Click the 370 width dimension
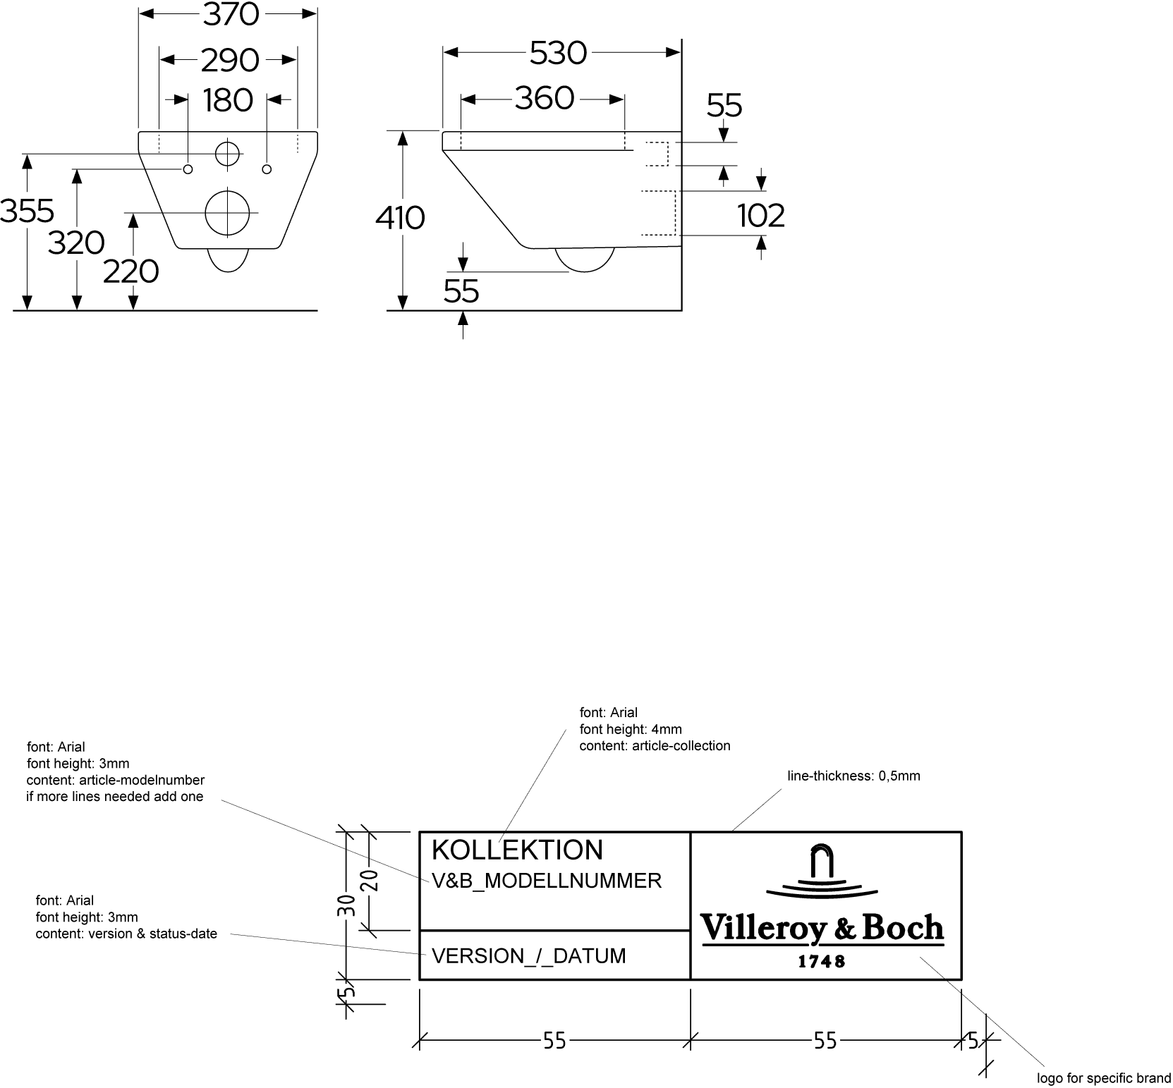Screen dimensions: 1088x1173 click(231, 15)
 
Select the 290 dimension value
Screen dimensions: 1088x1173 click(230, 61)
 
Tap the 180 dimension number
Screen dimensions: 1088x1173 click(228, 100)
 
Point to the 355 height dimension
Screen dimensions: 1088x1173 click(27, 211)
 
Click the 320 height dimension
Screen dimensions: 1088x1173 click(76, 243)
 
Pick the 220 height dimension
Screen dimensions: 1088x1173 click(131, 271)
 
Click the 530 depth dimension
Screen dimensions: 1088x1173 click(558, 54)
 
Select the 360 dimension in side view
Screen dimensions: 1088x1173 click(544, 99)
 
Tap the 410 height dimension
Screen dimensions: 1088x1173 click(400, 218)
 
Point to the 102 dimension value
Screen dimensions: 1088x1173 click(761, 215)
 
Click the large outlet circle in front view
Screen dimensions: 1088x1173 click(228, 212)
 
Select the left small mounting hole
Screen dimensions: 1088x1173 click(188, 169)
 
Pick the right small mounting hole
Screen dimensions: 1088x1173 click(267, 169)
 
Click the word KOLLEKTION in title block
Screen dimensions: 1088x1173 click(517, 850)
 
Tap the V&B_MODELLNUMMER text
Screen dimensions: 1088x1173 click(547, 881)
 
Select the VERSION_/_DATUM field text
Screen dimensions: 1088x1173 click(528, 956)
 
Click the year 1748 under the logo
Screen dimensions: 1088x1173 click(821, 961)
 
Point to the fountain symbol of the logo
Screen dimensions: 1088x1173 click(821, 872)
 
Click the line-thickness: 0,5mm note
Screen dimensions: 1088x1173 click(853, 776)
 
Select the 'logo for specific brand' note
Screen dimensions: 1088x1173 click(1103, 1078)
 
